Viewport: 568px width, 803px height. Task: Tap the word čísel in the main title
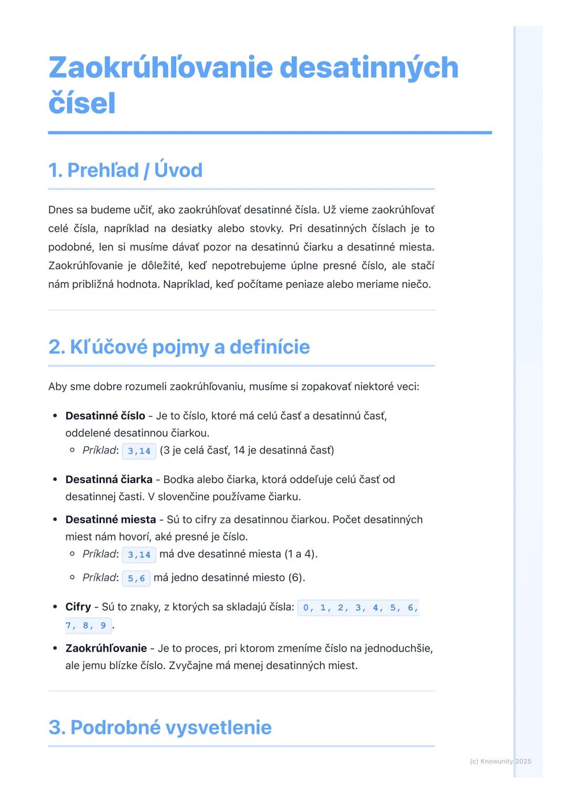point(82,103)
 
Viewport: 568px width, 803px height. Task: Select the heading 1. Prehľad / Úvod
point(125,170)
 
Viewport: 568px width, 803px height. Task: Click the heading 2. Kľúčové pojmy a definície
point(179,347)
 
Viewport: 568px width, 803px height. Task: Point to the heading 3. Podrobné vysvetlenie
point(160,727)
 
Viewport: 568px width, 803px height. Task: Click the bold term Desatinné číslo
point(105,416)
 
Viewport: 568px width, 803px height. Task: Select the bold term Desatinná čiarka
point(109,479)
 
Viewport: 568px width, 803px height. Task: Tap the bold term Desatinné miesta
point(110,520)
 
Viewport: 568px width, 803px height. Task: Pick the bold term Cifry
point(78,607)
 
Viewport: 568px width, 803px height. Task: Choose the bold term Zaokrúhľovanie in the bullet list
point(106,648)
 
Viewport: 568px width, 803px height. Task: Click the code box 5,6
point(136,578)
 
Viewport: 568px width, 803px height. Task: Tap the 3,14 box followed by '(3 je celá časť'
point(139,451)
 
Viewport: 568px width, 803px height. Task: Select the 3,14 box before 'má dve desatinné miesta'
point(139,554)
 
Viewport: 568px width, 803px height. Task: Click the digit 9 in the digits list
point(103,625)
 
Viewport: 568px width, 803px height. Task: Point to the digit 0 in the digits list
point(306,608)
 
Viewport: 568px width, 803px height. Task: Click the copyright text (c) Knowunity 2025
point(500,761)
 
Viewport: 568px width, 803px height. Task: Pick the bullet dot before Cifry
point(55,607)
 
